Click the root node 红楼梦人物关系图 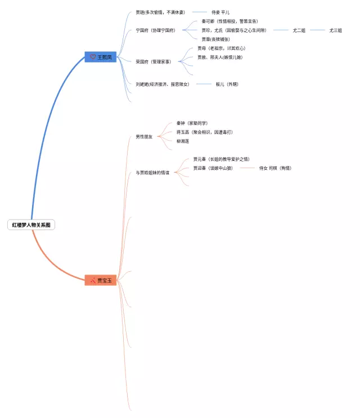[x=32, y=225]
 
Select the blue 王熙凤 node [x=101, y=57]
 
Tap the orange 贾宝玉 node [x=101, y=280]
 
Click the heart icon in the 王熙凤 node [x=93, y=57]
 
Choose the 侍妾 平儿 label [x=220, y=12]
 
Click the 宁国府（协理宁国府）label [x=155, y=30]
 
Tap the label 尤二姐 [x=299, y=30]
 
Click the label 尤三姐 [x=336, y=30]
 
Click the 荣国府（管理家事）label [x=153, y=61]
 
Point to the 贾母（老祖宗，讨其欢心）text [x=221, y=48]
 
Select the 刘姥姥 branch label [x=163, y=84]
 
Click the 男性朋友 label [x=144, y=137]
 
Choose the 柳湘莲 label [x=183, y=141]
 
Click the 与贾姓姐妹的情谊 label [x=152, y=173]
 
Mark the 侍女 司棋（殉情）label [x=275, y=168]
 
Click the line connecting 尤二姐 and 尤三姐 [x=317, y=30]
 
